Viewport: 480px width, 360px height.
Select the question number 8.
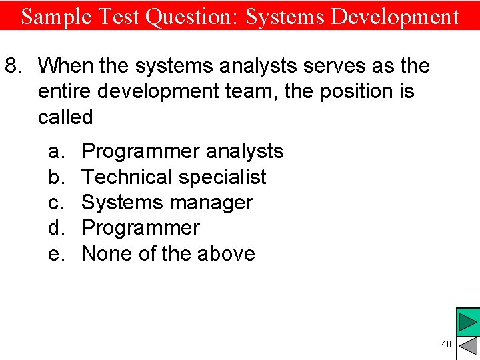[x=14, y=66]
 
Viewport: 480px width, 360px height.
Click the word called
[x=65, y=117]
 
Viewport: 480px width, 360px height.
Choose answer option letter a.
[x=55, y=152]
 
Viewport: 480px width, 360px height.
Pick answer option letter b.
[x=55, y=177]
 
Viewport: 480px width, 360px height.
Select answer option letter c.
[x=55, y=203]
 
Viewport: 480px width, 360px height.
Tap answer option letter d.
[x=55, y=228]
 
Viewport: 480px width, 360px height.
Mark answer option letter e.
[x=55, y=254]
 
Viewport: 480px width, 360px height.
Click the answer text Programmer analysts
[x=182, y=152]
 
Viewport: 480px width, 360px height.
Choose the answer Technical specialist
[x=173, y=177]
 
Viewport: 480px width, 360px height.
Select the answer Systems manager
[x=167, y=203]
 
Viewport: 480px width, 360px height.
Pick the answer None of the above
[x=168, y=254]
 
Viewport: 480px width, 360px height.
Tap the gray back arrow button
[x=469, y=347]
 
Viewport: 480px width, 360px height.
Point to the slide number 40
[x=446, y=344]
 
